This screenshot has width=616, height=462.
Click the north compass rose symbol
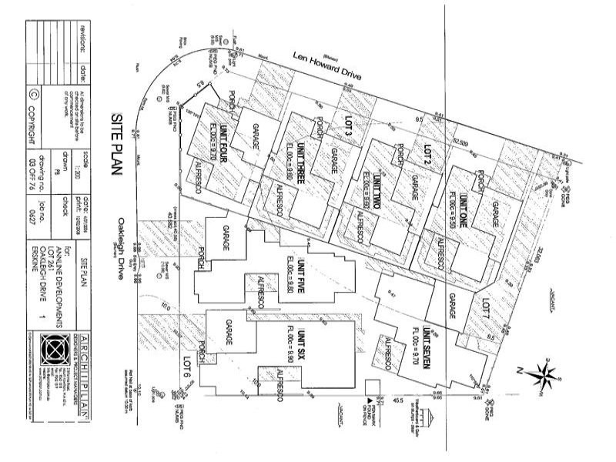point(545,375)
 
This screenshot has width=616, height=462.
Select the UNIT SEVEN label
point(426,347)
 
